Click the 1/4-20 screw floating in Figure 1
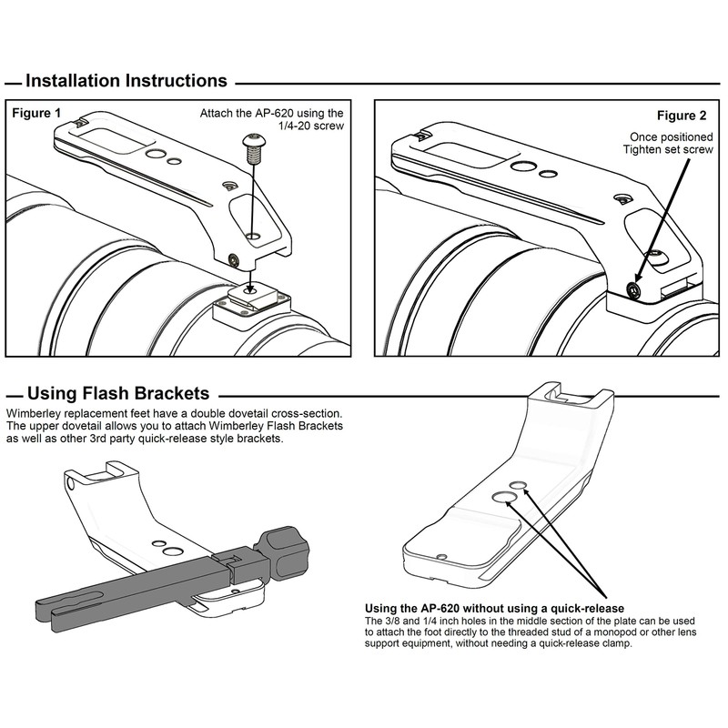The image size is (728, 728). [252, 147]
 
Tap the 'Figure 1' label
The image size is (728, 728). [36, 113]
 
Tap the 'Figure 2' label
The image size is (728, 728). [681, 116]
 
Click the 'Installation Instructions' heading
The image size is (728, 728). [126, 81]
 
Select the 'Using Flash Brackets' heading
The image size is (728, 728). [118, 393]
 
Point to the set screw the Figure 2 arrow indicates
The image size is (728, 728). [632, 290]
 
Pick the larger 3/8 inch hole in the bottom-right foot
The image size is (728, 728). [503, 497]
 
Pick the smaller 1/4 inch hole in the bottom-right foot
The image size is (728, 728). [518, 485]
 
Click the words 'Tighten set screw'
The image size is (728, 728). [668, 149]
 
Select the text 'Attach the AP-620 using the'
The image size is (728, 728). [271, 113]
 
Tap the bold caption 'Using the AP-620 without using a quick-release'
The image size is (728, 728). [494, 608]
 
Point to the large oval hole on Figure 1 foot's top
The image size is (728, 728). [156, 154]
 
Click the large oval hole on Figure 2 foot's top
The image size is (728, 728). [521, 167]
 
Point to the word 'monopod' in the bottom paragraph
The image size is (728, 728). [627, 632]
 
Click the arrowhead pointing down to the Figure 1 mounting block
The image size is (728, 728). [250, 288]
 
